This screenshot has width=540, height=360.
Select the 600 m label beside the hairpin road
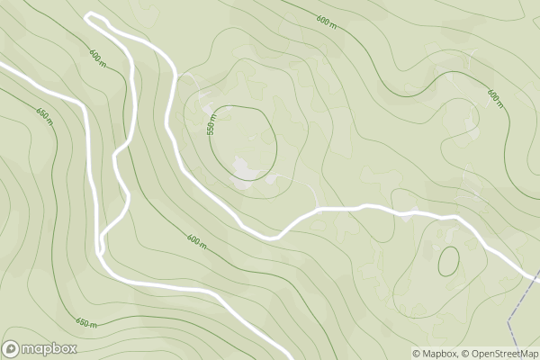click(97, 57)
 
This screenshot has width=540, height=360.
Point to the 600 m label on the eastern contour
click(494, 94)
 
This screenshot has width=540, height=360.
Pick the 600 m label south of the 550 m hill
click(196, 240)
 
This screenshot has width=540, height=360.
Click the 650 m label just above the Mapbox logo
click(85, 322)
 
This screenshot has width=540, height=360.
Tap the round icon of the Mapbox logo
click(12, 349)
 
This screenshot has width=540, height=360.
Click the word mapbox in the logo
click(49, 349)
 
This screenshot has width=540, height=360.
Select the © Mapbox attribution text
click(436, 353)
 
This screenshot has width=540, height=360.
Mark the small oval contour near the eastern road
click(447, 260)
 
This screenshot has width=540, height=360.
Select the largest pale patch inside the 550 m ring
click(246, 167)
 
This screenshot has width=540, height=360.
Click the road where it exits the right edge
click(537, 278)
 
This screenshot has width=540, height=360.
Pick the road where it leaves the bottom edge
click(286, 357)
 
